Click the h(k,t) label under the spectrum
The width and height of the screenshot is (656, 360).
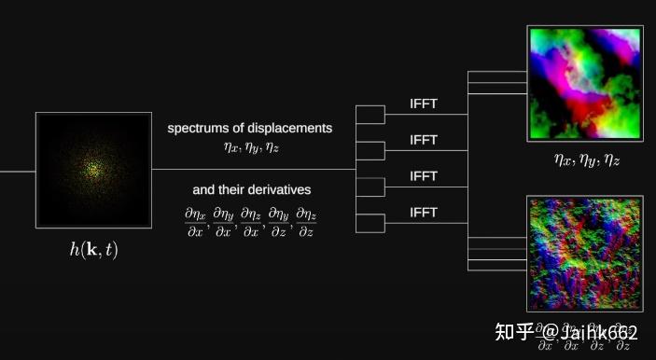(93, 250)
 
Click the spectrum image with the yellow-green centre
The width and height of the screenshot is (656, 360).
(93, 170)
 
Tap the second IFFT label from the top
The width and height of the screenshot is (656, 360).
(424, 140)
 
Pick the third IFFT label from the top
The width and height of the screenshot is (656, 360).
(424, 176)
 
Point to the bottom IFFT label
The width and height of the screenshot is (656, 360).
(424, 213)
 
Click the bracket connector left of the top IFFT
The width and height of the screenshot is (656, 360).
(370, 114)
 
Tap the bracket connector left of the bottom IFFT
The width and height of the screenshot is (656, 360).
(370, 223)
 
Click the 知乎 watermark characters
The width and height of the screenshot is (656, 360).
(513, 333)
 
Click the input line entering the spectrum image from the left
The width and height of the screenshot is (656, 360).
(18, 171)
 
